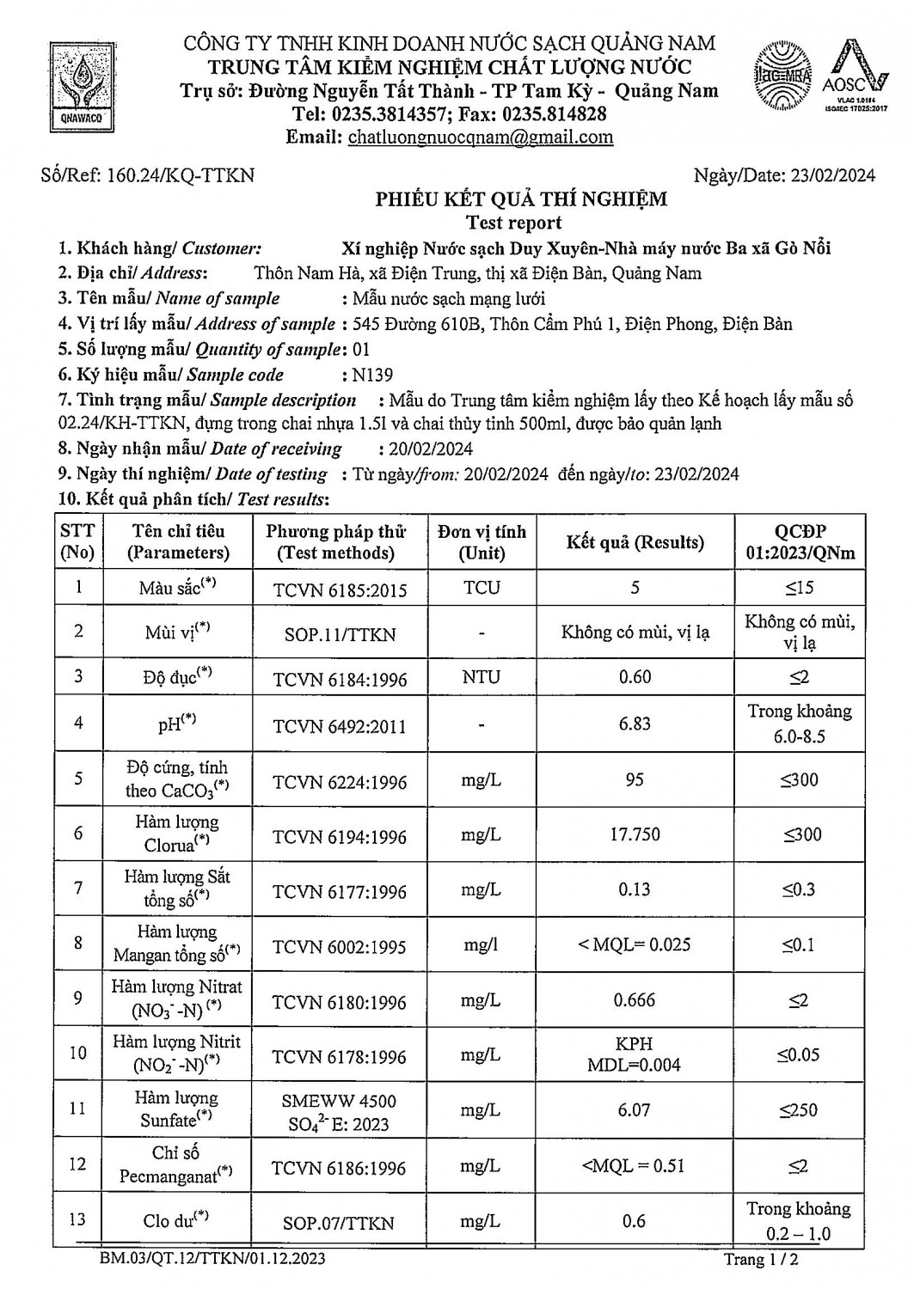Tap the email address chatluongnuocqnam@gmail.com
coord(480,137)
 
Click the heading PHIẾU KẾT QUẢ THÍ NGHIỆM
coord(521,200)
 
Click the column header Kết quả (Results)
coord(635,542)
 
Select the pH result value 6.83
coord(635,724)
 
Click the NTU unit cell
coord(481,677)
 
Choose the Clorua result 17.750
coord(635,834)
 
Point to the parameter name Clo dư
coord(176,1221)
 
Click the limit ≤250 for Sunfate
coord(799,1110)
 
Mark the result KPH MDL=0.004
coord(635,1054)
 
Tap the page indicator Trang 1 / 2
coord(766,1260)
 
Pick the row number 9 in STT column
coord(78,999)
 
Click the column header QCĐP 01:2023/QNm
coord(800,542)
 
